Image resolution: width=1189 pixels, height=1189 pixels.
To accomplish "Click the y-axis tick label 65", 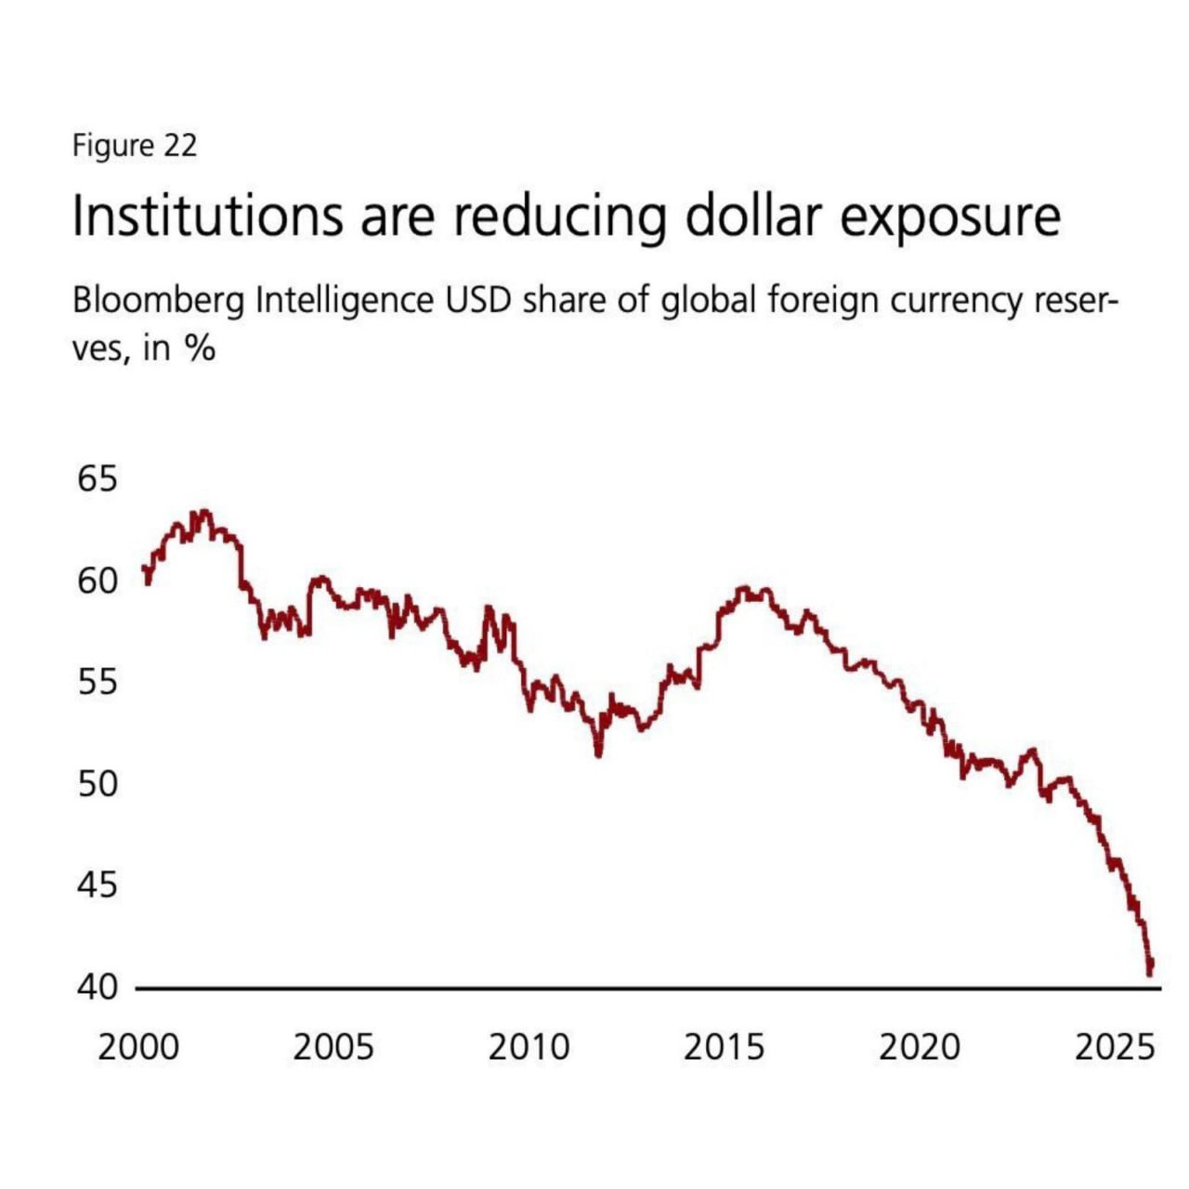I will [98, 480].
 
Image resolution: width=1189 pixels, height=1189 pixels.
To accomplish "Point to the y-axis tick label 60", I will [98, 581].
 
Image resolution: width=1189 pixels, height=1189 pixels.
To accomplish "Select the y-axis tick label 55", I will [98, 683].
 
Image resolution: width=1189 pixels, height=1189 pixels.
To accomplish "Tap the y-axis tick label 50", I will [98, 784].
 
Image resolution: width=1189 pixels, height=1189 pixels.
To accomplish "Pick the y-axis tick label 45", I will [98, 884].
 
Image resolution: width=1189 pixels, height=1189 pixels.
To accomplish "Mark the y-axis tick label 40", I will [98, 986].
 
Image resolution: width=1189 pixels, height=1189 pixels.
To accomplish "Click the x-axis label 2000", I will [138, 1047].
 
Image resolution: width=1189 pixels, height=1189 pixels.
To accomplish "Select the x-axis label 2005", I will [333, 1047].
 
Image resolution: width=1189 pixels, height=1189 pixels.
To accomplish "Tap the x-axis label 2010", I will [529, 1047].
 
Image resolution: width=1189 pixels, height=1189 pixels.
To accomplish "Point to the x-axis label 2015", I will [725, 1047].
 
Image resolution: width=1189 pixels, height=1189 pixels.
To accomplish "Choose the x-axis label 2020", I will [920, 1047].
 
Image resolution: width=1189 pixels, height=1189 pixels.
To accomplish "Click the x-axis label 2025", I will [1115, 1047].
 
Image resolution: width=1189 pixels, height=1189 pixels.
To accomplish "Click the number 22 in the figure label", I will [180, 146].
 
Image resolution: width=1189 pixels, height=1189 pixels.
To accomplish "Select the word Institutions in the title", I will [207, 216].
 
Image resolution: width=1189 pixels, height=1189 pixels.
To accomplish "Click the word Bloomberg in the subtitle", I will [158, 303].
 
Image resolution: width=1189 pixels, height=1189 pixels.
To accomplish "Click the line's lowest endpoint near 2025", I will [1150, 972].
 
